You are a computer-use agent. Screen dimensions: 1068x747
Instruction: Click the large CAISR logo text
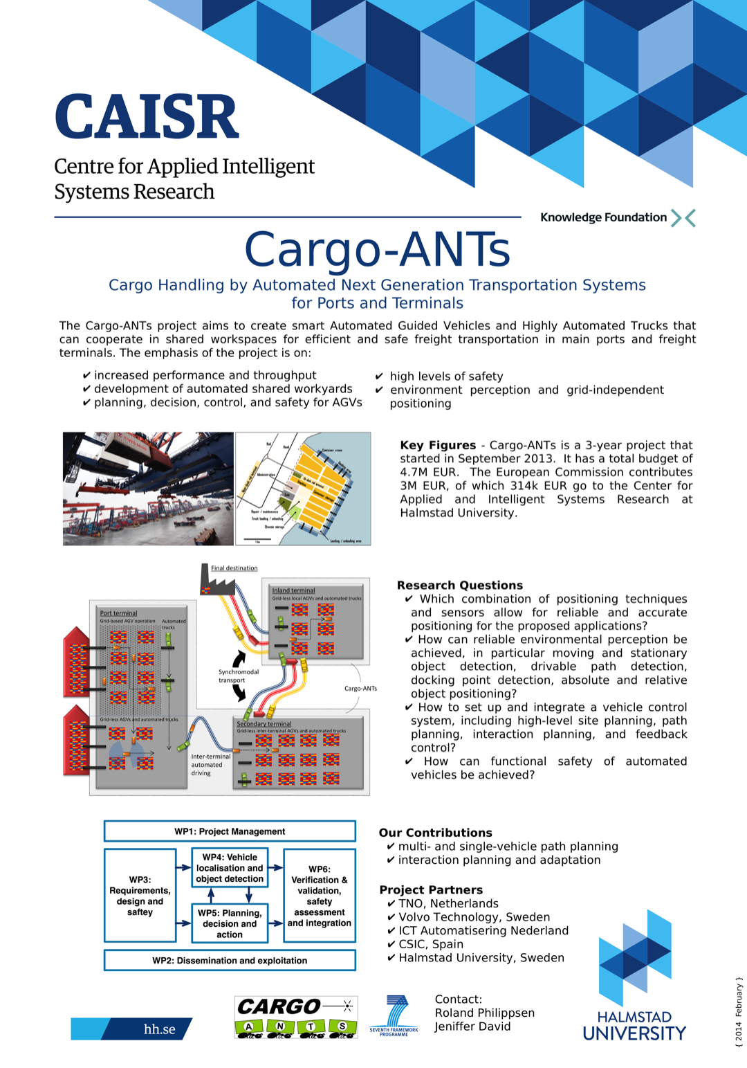[147, 117]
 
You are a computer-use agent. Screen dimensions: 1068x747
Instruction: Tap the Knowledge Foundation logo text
[603, 217]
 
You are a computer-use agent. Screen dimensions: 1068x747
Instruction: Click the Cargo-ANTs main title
[377, 249]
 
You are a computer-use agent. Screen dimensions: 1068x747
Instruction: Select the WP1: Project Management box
[230, 831]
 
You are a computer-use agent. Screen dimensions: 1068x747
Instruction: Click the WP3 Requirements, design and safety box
[140, 896]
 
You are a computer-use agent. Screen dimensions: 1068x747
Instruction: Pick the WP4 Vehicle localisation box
[230, 868]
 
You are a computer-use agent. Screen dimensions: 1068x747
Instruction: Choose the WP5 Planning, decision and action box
[230, 923]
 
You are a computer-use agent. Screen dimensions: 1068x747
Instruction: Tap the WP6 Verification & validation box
[320, 896]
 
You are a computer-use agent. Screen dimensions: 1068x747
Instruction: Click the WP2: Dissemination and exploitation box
[230, 961]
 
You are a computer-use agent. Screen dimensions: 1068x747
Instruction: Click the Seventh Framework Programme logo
[394, 1015]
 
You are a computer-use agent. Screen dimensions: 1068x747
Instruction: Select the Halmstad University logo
[634, 976]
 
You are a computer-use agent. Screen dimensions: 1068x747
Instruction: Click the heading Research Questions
[459, 586]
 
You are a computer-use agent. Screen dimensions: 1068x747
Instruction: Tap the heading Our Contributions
[435, 833]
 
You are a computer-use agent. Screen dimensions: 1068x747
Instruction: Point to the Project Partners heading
[431, 890]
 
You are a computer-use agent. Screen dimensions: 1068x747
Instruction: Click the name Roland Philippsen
[484, 1013]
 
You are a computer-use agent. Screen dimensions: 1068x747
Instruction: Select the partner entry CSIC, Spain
[430, 944]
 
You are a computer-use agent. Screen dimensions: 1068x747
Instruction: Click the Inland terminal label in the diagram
[293, 590]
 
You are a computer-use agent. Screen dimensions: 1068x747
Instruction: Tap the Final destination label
[234, 568]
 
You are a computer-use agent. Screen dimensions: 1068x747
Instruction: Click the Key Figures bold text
[438, 445]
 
